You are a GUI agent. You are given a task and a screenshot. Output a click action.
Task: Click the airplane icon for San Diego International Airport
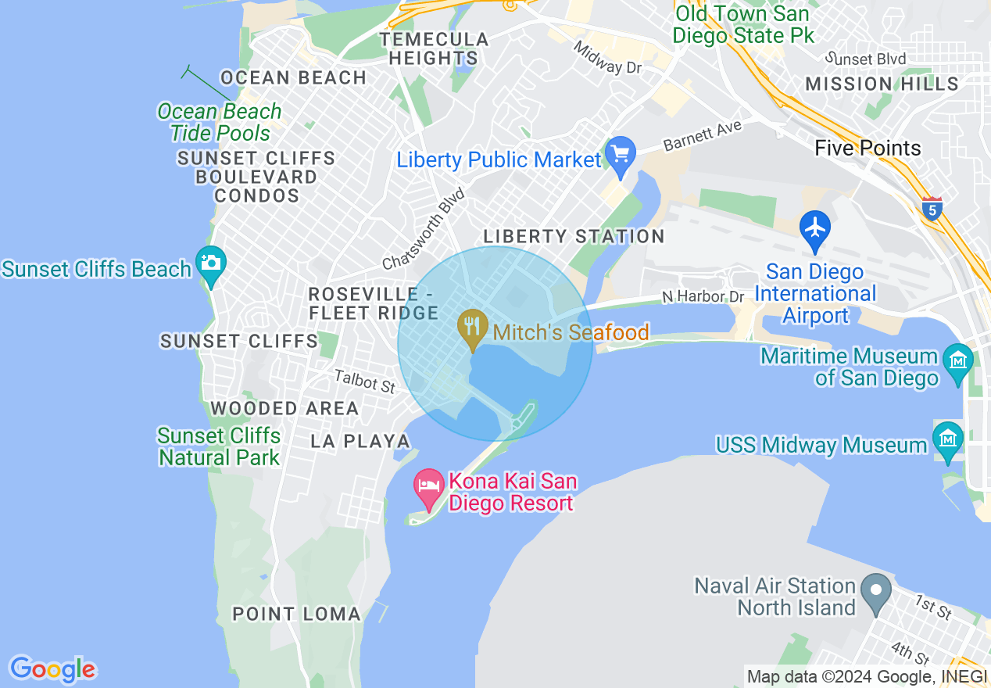(815, 228)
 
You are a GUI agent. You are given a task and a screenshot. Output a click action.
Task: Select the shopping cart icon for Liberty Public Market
(621, 154)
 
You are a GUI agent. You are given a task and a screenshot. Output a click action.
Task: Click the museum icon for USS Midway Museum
(948, 438)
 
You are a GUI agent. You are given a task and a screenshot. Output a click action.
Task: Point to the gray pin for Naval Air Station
(876, 589)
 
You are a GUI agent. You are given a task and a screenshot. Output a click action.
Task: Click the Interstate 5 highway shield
(932, 209)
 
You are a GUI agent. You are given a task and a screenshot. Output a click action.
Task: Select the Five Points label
(868, 148)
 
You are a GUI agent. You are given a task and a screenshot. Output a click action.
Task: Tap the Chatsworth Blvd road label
(424, 228)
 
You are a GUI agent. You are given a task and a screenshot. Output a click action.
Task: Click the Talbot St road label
(365, 382)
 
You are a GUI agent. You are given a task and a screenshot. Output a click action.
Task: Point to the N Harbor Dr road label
(703, 297)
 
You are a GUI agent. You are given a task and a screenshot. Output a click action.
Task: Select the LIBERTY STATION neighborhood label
(574, 236)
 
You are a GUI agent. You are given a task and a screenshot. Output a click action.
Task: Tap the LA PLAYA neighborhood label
(360, 441)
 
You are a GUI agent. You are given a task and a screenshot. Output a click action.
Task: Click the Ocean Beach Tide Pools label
(220, 122)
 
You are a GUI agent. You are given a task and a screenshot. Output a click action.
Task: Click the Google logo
(52, 668)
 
